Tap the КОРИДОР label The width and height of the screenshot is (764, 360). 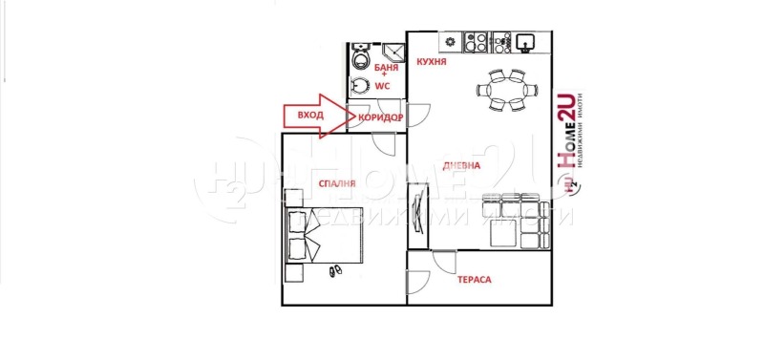pos(380,117)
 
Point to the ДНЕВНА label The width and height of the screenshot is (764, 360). pos(461,165)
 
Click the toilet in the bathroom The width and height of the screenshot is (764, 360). pos(361,59)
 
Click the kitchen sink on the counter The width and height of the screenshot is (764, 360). pos(525,42)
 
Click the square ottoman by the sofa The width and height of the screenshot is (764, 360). pos(505,233)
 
